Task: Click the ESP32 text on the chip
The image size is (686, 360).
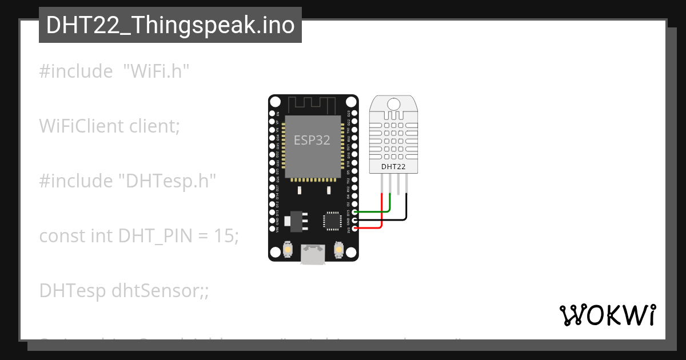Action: (x=312, y=140)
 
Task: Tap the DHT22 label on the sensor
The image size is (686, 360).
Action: (x=393, y=167)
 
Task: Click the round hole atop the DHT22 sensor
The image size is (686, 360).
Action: (x=393, y=104)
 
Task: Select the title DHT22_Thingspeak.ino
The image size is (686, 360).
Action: (x=170, y=25)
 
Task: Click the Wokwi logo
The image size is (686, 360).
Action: (x=607, y=315)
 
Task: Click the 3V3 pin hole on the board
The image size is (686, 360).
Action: (x=354, y=229)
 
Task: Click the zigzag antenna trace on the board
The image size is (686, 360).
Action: (x=312, y=105)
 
